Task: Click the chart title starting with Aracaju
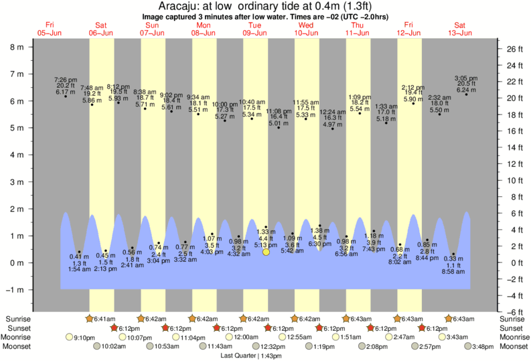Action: point(266,5)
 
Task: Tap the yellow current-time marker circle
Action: point(266,252)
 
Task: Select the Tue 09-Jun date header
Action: point(255,28)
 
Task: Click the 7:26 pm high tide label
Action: point(65,80)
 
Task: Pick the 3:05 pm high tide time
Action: point(465,78)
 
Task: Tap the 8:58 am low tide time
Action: point(453,271)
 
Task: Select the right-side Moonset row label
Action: point(515,346)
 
